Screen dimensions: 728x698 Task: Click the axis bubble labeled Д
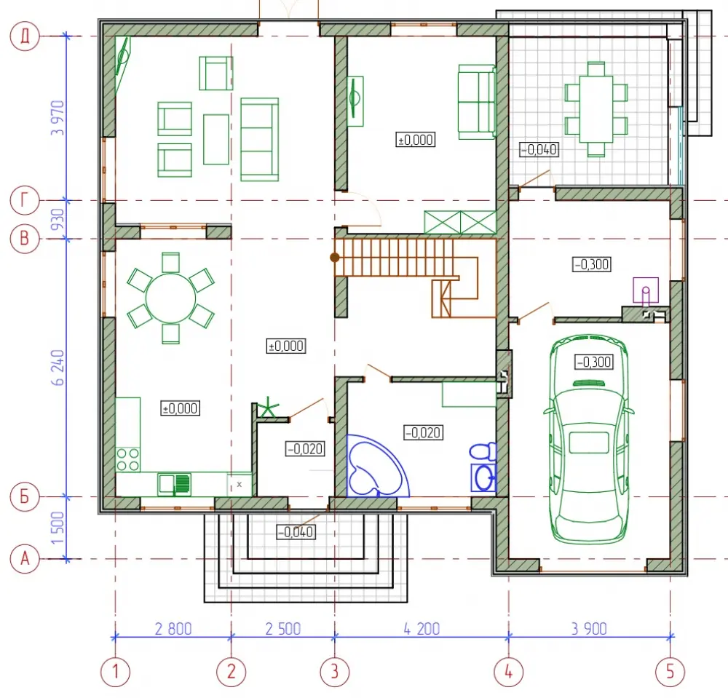25,36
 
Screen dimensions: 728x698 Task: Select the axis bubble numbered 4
508,672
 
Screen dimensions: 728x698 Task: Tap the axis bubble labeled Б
25,496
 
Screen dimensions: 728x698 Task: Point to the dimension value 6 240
58,368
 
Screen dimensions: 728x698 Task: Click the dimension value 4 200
422,629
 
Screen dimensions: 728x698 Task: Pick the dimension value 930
58,220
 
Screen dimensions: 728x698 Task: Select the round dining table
171,298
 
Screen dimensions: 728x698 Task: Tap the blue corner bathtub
378,466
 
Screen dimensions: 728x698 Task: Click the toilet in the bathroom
483,451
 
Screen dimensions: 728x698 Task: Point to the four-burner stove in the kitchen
127,459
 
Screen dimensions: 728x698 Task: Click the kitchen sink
174,484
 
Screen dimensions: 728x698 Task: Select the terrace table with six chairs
596,109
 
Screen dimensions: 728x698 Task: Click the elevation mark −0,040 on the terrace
539,149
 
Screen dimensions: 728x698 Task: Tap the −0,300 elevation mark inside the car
594,362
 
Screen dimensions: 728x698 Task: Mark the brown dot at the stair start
334,257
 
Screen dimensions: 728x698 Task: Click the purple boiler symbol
646,290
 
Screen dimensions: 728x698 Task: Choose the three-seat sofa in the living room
260,139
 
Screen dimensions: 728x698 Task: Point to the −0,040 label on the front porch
296,532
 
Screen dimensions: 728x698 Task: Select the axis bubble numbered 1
115,672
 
